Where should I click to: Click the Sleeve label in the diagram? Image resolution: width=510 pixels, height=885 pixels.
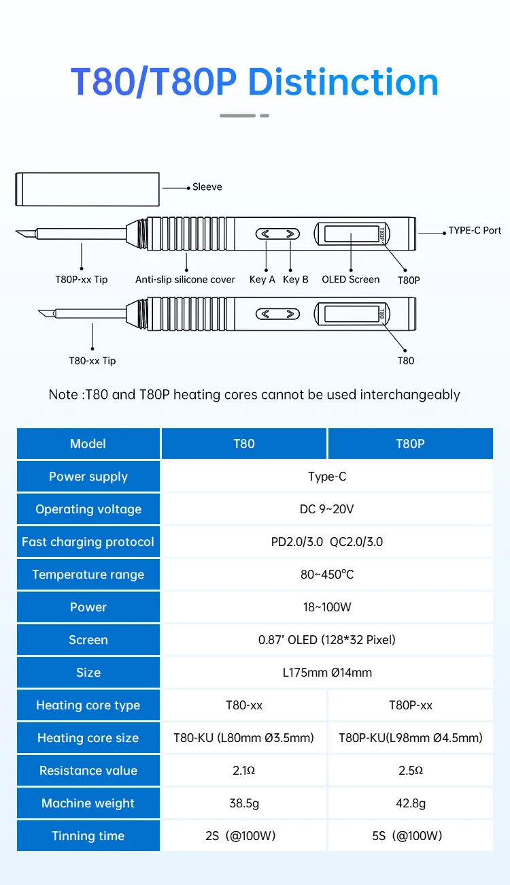point(207,187)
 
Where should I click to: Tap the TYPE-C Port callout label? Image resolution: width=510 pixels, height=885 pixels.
point(475,230)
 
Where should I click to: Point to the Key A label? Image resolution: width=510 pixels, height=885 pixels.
point(262,279)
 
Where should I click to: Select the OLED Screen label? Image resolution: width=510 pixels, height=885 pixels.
point(350,279)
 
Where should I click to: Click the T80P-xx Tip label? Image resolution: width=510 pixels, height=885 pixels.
point(82,279)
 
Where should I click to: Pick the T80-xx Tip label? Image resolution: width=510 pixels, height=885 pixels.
point(92,361)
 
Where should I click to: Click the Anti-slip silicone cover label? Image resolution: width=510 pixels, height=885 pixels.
point(185,280)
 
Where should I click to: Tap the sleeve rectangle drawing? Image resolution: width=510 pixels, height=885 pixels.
point(87,189)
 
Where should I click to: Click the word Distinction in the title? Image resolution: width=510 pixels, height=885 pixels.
point(343,82)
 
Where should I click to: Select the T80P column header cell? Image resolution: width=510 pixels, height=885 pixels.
point(411,444)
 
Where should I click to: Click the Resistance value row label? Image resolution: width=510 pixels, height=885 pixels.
point(88,771)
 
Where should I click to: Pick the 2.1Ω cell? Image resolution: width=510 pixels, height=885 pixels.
point(244,771)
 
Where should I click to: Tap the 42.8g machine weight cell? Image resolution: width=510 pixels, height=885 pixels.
point(411,803)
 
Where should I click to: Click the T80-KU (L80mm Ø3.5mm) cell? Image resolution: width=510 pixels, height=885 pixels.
point(244,738)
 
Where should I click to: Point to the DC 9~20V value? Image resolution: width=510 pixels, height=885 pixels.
point(327,509)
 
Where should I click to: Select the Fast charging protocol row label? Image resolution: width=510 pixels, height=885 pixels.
point(88,542)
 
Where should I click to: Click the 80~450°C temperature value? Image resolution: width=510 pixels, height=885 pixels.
point(327,575)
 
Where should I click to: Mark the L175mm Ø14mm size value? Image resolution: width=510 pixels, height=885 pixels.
point(327,673)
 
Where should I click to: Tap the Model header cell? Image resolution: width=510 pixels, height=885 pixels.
point(88,444)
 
